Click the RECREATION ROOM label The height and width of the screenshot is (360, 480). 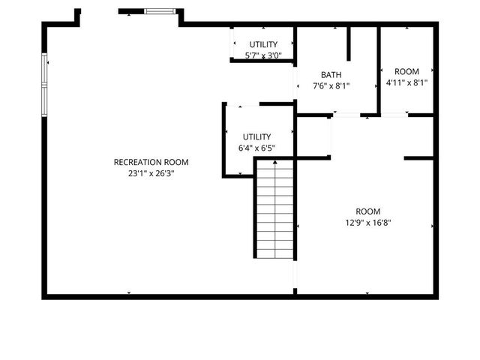(x=151, y=162)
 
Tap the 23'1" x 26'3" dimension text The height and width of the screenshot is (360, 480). (x=151, y=173)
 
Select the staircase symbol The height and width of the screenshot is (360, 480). (x=274, y=210)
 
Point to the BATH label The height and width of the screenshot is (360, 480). (x=331, y=74)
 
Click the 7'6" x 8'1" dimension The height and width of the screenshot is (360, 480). (x=331, y=85)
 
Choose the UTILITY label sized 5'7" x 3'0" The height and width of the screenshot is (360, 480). (x=263, y=44)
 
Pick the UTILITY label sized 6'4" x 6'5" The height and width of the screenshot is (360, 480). (x=256, y=136)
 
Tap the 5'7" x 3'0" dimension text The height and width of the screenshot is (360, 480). (x=263, y=55)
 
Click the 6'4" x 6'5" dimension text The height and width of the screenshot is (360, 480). (x=256, y=148)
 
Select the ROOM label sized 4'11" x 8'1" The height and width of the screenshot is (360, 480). (x=406, y=71)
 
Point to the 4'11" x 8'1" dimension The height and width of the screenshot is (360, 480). (x=406, y=82)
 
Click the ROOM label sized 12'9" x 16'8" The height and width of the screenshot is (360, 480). (x=367, y=211)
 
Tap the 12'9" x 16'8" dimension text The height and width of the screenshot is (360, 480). (x=367, y=222)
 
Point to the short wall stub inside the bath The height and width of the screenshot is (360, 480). (x=349, y=43)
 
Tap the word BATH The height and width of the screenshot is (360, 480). (x=331, y=74)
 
